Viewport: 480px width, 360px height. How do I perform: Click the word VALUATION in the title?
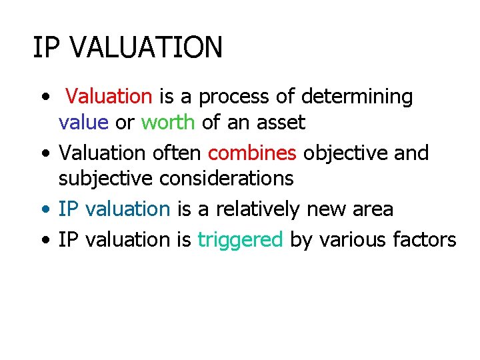click(x=145, y=48)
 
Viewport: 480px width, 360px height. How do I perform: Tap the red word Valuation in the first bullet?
click(x=109, y=97)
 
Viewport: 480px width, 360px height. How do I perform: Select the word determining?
click(x=357, y=97)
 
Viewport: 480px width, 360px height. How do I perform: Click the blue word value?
click(x=83, y=123)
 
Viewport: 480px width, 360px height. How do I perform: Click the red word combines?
click(x=252, y=153)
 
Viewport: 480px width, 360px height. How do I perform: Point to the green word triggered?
click(x=241, y=239)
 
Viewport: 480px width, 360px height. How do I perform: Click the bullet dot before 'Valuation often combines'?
click(x=44, y=153)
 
